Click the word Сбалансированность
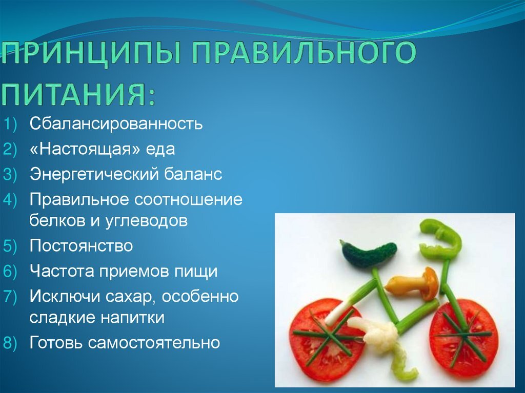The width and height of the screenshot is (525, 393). (x=116, y=123)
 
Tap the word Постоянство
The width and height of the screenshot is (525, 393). (x=81, y=246)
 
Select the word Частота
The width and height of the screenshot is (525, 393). (x=62, y=271)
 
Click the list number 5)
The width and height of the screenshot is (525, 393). (x=10, y=246)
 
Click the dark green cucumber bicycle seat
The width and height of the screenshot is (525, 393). (x=368, y=254)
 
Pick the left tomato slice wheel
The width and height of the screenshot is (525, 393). (x=327, y=338)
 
